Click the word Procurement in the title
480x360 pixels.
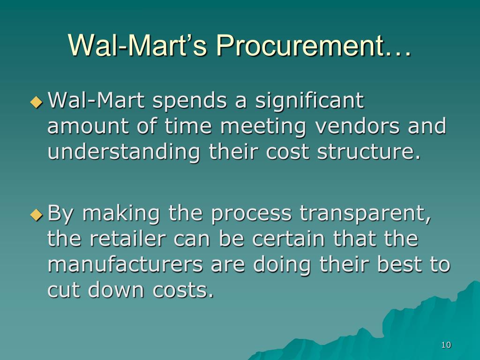[x=300, y=45]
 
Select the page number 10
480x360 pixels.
[x=446, y=345]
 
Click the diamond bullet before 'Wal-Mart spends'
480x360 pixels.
[x=37, y=102]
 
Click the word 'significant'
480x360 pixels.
[x=309, y=101]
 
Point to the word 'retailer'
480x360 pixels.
[x=127, y=239]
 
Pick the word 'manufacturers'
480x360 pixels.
[x=125, y=264]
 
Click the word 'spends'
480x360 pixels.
[x=190, y=101]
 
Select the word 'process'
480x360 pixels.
[x=251, y=214]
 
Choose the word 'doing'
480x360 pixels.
[x=282, y=265]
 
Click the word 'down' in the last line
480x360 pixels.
[x=116, y=289]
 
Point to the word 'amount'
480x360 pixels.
[x=88, y=127]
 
